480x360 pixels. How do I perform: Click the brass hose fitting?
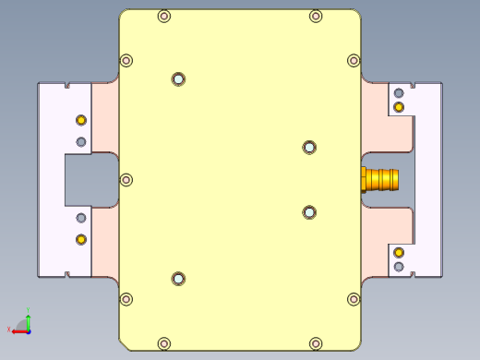coord(380,178)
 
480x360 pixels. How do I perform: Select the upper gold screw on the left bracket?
coord(81,121)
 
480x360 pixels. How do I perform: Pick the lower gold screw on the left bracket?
coord(81,239)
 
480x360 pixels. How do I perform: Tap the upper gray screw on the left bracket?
coord(81,141)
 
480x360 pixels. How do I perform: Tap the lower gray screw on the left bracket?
coord(81,218)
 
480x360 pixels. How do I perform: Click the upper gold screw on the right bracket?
coord(399,107)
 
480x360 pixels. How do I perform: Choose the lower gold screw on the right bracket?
coord(399,252)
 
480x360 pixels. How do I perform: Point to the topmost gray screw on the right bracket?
coord(399,93)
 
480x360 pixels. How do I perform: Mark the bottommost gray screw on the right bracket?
coord(399,267)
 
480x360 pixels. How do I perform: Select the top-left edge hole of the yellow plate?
coord(164,16)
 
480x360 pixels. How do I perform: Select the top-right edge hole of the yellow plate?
coord(316,16)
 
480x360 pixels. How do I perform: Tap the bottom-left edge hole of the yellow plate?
coord(164,343)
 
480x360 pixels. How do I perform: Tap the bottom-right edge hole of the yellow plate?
coord(316,343)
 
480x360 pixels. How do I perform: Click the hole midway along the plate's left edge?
coord(127,180)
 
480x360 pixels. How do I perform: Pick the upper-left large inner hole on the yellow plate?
coord(178,79)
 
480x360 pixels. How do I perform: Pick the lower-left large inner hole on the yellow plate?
coord(178,279)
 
